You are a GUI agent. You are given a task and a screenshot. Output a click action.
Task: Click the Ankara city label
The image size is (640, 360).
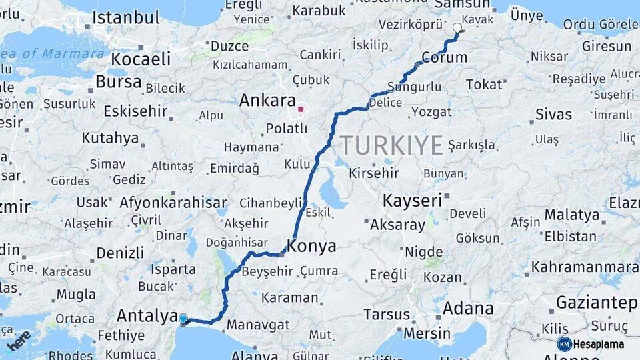point(267,101)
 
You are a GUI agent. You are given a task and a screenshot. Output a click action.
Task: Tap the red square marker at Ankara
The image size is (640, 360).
point(301,109)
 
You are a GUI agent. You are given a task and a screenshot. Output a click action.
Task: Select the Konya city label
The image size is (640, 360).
point(311,246)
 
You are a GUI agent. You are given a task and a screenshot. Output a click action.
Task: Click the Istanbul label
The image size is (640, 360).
point(126,18)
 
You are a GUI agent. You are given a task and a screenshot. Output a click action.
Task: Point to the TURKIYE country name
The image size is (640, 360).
point(391,145)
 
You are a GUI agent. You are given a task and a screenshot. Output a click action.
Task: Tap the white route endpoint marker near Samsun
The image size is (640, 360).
point(457,28)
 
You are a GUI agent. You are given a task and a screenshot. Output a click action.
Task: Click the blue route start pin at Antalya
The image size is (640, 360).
point(183,319)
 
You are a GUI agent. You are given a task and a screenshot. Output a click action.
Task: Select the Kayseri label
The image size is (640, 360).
point(412,199)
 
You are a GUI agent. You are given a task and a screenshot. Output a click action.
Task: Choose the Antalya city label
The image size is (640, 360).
point(146,315)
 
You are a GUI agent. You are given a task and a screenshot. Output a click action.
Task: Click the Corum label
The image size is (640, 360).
point(444,59)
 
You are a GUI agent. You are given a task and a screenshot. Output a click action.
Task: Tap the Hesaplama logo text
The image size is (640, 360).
point(599,344)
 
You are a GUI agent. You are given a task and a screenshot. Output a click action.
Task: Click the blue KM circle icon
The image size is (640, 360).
point(564,344)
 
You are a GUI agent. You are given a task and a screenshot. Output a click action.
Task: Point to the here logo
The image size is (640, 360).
point(19,340)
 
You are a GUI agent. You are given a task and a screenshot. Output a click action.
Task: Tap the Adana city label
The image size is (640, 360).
point(468,308)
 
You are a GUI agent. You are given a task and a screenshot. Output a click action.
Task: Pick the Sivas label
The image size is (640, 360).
point(553,114)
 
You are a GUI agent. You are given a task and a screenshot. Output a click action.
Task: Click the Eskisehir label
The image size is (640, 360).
point(135,110)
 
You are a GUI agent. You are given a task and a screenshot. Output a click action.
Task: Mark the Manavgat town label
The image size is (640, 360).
point(258,325)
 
